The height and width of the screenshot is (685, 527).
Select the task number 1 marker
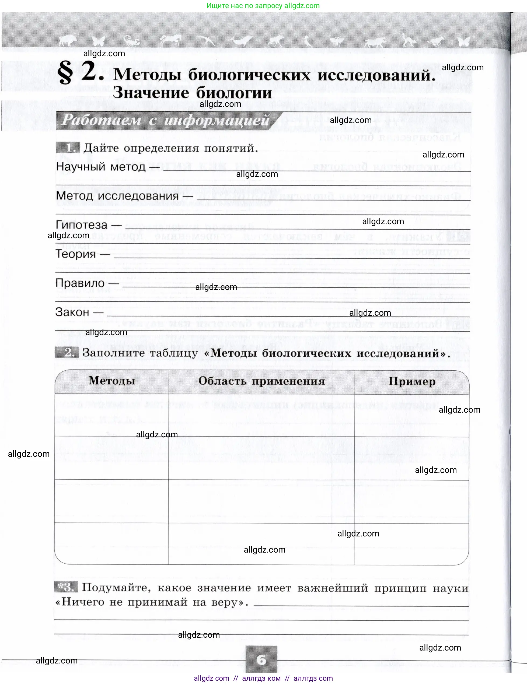[x=68, y=148]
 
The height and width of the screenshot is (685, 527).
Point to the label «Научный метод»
[x=101, y=166]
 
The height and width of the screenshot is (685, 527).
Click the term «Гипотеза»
[x=82, y=225]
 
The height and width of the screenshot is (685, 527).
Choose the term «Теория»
[x=76, y=254]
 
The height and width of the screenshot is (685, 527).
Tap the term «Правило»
[x=80, y=283]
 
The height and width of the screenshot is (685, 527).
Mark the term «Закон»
[x=72, y=312]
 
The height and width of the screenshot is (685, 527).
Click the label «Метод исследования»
[x=117, y=196]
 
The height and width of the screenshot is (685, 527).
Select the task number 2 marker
[x=67, y=352]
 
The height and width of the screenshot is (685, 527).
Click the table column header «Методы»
[x=112, y=381]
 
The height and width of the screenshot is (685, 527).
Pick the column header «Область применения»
[x=262, y=381]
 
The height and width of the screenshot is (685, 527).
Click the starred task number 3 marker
[x=66, y=587]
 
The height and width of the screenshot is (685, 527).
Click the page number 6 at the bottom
[x=261, y=660]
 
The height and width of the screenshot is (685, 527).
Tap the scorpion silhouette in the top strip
[x=131, y=41]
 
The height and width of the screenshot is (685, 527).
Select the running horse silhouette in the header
[x=171, y=40]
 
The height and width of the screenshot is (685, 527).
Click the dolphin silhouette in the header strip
[x=241, y=40]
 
